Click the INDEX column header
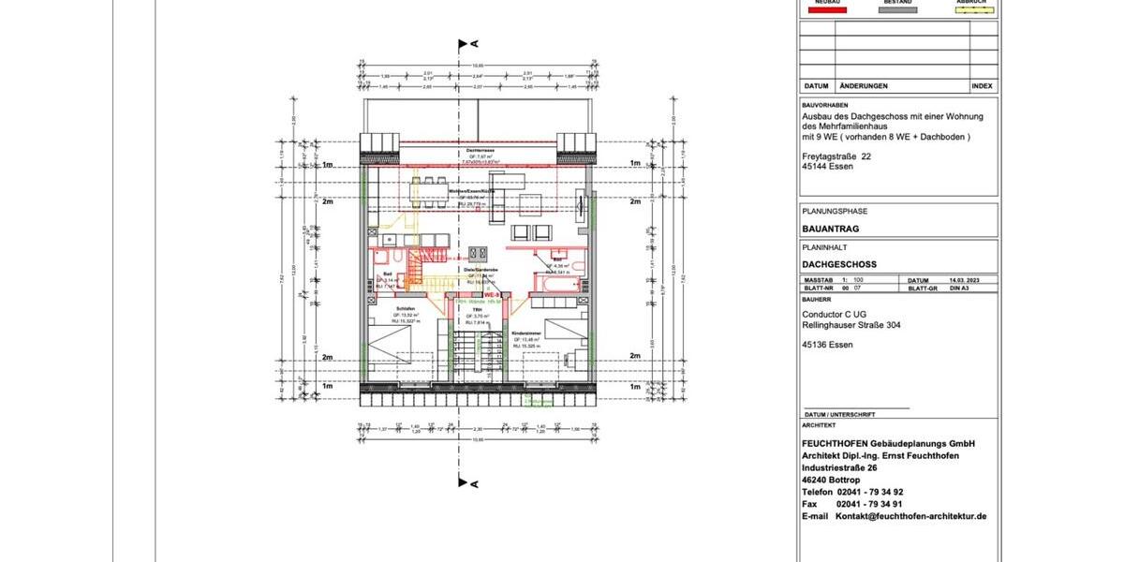coord(983,85)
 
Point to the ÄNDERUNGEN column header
coord(864,85)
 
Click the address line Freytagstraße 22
coord(836,156)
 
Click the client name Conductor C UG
coord(839,315)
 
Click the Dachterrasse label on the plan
coord(476,150)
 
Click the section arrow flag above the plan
coord(463,44)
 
